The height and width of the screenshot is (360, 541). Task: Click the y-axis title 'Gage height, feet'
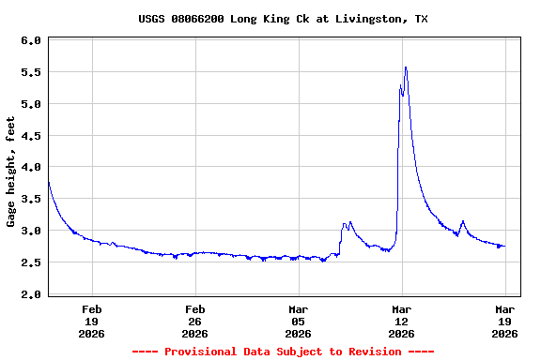[x=11, y=172]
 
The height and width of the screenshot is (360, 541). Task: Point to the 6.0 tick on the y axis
[x=30, y=41]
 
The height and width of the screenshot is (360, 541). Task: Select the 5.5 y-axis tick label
[x=30, y=73]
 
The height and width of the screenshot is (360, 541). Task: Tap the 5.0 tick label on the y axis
[x=30, y=104]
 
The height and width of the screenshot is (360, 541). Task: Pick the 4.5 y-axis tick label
[x=30, y=136]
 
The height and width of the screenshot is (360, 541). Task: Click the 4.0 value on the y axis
[x=30, y=168]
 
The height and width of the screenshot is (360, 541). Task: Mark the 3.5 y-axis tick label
[x=30, y=200]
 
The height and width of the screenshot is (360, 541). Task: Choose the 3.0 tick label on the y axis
[x=30, y=232]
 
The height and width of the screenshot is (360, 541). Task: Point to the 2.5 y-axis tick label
[x=30, y=263]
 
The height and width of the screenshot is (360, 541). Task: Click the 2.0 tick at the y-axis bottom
[x=30, y=294]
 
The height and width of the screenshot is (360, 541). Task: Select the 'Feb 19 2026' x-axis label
[x=92, y=321]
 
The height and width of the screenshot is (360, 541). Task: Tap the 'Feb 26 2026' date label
[x=195, y=321]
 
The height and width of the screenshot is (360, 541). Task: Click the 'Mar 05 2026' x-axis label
[x=299, y=321]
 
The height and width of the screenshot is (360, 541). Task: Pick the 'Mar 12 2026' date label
[x=402, y=321]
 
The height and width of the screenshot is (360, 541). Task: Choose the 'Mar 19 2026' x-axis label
[x=505, y=321]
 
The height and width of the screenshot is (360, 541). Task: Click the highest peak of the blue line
[x=405, y=67]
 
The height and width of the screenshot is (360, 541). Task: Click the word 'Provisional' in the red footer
[x=202, y=352]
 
